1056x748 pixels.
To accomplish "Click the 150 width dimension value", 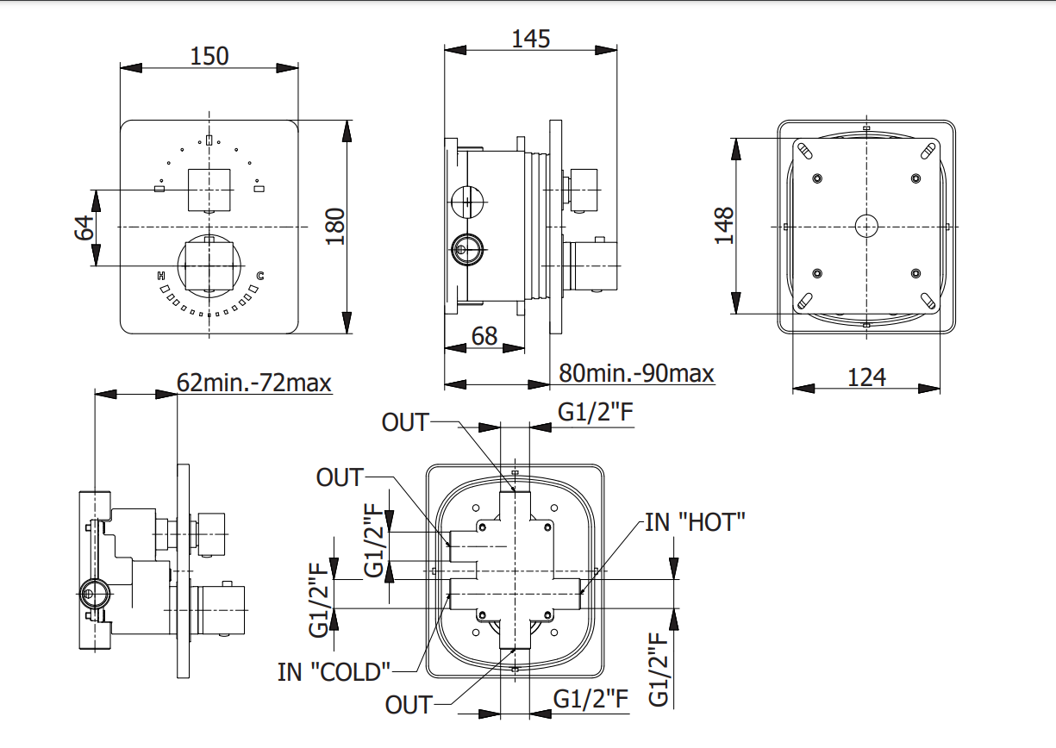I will click(209, 56).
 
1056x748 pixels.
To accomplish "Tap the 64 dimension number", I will click(84, 228).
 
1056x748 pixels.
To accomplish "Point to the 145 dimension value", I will click(530, 39).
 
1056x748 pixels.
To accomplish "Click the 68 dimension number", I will click(484, 336).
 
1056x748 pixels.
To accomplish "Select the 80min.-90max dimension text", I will click(636, 373).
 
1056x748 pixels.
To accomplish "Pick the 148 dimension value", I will click(724, 226).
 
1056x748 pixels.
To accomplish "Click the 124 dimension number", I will click(866, 377).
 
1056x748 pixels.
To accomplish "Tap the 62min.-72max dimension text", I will click(254, 382).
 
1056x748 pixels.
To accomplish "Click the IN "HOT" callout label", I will click(695, 521).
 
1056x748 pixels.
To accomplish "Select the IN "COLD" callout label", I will click(334, 671).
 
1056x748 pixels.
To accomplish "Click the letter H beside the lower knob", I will click(161, 276).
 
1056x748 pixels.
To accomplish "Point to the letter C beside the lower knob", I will click(259, 276).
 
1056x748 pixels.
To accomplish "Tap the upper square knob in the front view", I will click(209, 190).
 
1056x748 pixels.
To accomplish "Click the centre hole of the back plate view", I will click(865, 226).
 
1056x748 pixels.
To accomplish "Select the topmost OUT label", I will click(405, 422).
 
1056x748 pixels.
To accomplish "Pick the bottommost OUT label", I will click(409, 705).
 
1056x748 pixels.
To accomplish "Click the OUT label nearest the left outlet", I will click(340, 477).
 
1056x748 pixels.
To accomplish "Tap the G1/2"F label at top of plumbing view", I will click(596, 413).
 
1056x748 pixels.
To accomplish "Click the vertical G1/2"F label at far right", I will click(659, 670).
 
